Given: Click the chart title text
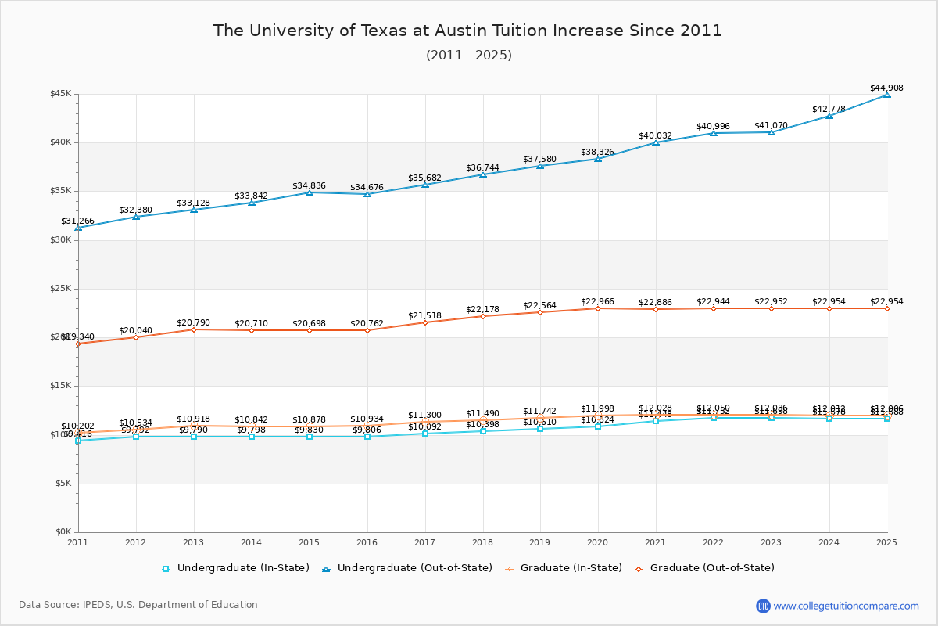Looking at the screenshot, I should point(467,31).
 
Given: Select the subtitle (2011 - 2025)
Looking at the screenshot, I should point(469,56).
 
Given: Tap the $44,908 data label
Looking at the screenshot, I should point(886,88).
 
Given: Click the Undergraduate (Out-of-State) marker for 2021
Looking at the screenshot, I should point(656,142).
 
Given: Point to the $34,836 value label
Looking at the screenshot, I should point(309,185).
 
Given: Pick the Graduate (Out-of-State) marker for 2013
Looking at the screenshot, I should point(194,329).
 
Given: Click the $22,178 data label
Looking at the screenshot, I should point(482,309).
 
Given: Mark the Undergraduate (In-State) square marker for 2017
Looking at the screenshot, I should point(425,434).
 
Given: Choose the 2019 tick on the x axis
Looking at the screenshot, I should point(540,541).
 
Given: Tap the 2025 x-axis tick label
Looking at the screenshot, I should point(886,541).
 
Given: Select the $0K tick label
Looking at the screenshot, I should point(63,532).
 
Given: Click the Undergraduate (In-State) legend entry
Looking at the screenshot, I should point(235,568).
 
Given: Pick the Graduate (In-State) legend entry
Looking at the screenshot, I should point(558,568).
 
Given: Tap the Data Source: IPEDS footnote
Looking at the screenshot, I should point(138,605).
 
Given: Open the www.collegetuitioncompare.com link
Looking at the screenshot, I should point(846,606).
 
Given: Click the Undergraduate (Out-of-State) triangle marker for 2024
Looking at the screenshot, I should point(829,116).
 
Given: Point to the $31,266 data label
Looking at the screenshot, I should point(77,221).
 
